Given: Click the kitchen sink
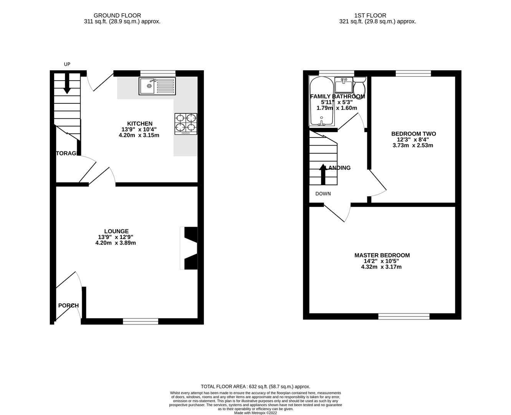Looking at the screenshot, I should pyautogui.click(x=157, y=86).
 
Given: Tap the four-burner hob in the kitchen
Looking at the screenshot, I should pyautogui.click(x=186, y=124).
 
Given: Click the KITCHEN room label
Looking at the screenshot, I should pyautogui.click(x=140, y=124).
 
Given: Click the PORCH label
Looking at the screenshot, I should pyautogui.click(x=68, y=305).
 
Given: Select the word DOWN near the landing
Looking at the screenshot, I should pyautogui.click(x=323, y=194).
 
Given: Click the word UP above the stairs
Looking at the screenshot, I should pyautogui.click(x=67, y=64).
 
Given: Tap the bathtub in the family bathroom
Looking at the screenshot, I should pyautogui.click(x=321, y=102).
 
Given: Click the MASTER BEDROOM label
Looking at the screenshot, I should pyautogui.click(x=382, y=255).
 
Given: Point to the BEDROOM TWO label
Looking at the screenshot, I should pyautogui.click(x=413, y=134).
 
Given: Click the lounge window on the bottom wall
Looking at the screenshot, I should pyautogui.click(x=141, y=321).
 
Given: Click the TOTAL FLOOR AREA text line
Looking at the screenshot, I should pyautogui.click(x=255, y=387).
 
